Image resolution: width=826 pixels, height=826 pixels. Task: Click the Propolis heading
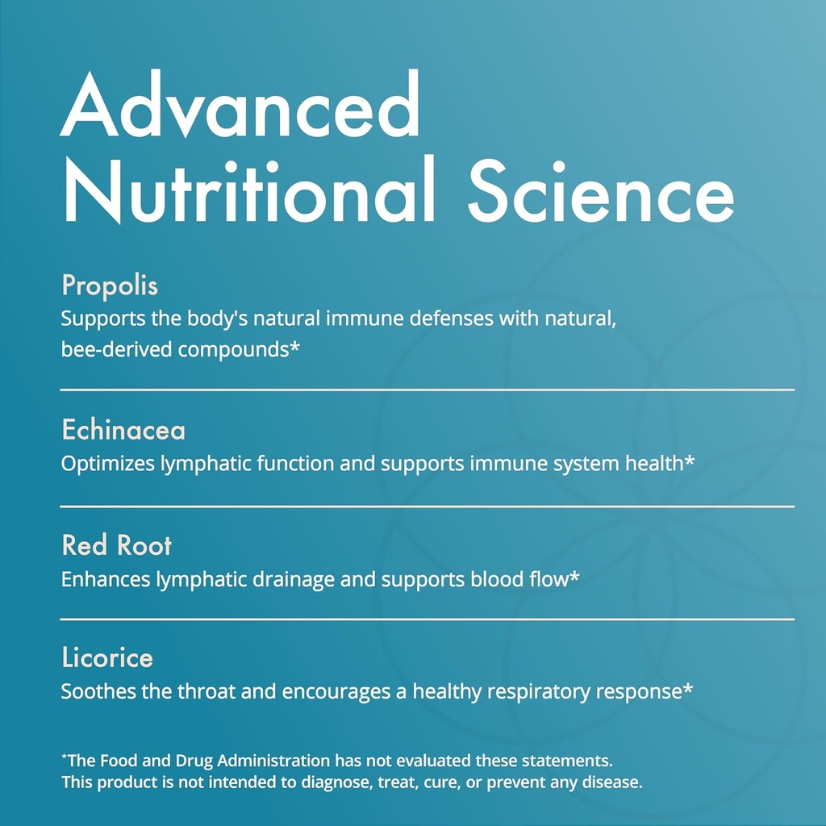point(110,286)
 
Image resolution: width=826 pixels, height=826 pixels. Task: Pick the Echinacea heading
point(123,430)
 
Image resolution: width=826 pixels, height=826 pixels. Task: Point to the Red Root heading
point(117,546)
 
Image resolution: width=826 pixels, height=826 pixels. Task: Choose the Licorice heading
point(107,658)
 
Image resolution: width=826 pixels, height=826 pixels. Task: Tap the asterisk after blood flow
point(574,578)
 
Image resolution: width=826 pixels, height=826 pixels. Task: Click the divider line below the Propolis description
point(428,390)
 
